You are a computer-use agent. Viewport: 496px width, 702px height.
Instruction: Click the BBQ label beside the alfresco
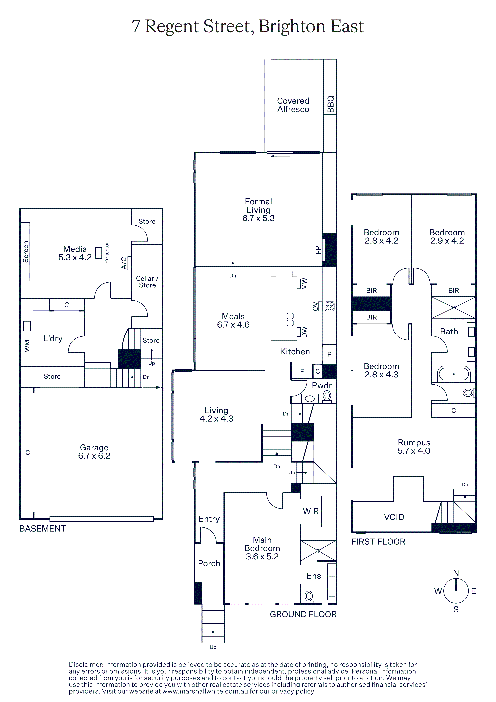point(330,104)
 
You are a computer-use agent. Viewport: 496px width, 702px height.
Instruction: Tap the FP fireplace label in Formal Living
point(318,250)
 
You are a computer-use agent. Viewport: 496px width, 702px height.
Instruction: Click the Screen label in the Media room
point(26,252)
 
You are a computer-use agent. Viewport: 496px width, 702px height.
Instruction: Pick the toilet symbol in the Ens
point(309,596)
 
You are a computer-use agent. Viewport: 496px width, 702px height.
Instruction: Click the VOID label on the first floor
point(394,517)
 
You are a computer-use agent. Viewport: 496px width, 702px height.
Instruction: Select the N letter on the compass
point(456,573)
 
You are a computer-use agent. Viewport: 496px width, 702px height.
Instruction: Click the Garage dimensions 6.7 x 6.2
point(94,456)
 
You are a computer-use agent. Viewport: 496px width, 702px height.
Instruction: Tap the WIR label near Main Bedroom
point(311,511)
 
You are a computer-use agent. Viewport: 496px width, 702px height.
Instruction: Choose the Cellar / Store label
point(147,282)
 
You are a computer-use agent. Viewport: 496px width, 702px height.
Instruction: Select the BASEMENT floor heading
point(43,529)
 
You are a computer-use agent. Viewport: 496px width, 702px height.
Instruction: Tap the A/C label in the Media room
point(124,263)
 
